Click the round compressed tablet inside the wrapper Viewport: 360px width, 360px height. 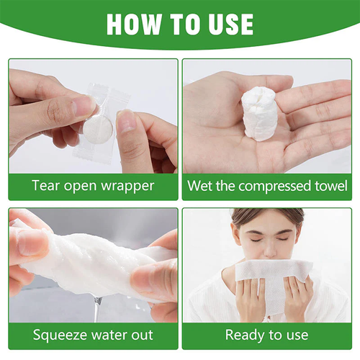tap(93, 129)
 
